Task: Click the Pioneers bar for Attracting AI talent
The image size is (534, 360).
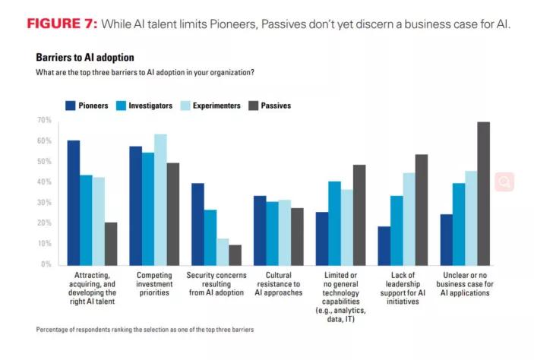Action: coord(73,202)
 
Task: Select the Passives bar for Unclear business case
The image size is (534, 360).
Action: coord(484,193)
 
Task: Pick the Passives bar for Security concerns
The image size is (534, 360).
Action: coord(235,254)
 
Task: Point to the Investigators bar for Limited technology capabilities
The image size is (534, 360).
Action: coord(334,223)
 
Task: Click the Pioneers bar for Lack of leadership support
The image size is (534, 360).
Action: coord(384,245)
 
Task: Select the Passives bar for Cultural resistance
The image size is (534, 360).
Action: coord(297,236)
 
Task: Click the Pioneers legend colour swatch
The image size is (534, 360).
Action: coord(70,106)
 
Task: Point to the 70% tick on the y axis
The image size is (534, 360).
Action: coord(43,121)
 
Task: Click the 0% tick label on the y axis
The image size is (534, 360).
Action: coord(45,264)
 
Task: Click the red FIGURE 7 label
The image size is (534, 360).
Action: coord(62,24)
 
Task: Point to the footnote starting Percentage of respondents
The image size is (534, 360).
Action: coord(144,329)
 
